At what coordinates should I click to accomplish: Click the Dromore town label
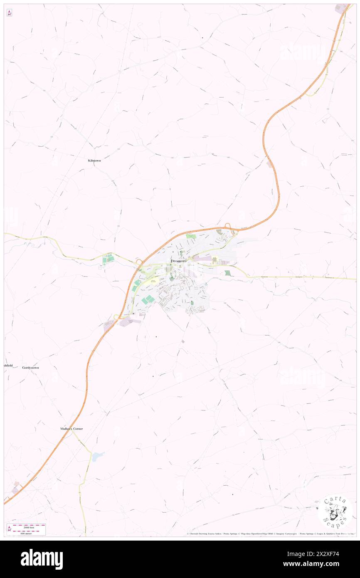(x=178, y=261)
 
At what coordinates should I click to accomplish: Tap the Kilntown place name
(x=94, y=160)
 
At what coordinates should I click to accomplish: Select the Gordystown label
(x=31, y=368)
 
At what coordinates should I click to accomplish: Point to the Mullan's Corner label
(x=71, y=428)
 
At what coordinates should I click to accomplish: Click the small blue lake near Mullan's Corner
(x=97, y=456)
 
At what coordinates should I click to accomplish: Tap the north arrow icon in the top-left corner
(x=9, y=13)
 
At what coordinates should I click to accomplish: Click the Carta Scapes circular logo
(x=335, y=512)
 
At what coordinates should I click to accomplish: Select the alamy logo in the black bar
(x=42, y=559)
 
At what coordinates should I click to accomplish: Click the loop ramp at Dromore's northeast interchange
(x=228, y=227)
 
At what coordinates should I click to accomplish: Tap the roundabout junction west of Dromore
(x=139, y=262)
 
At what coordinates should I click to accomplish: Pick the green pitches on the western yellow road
(x=108, y=259)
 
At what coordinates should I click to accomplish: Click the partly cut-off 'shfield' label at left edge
(x=8, y=365)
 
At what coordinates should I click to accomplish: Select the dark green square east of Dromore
(x=227, y=273)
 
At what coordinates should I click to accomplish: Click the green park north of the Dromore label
(x=190, y=237)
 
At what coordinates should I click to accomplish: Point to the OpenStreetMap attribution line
(x=270, y=534)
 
